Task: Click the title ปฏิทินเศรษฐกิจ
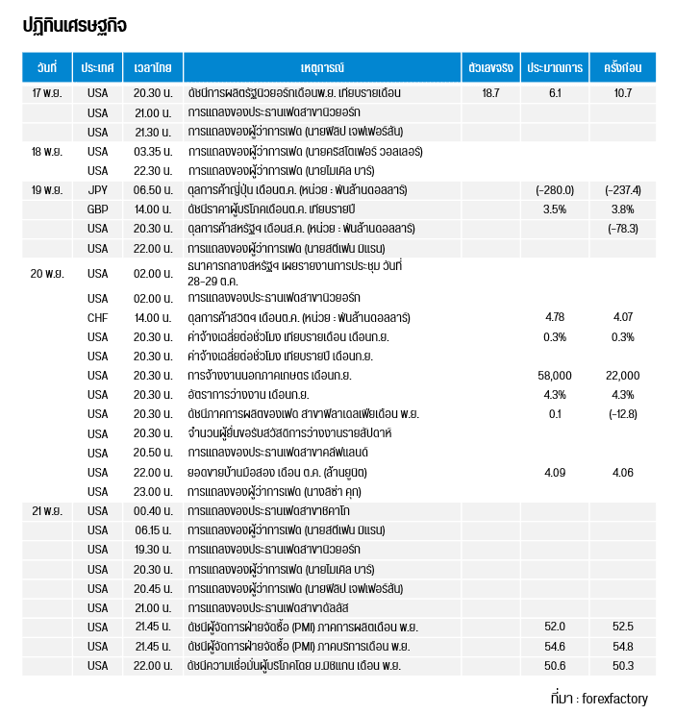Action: pos(75,26)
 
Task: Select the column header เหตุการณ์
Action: pos(321,67)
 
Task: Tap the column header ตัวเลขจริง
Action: pos(490,67)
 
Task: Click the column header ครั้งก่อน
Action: pos(622,67)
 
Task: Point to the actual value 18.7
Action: pos(490,93)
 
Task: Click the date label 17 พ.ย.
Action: pos(47,93)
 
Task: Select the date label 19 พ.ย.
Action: pos(47,189)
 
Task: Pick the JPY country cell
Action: pos(98,189)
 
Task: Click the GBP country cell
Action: pos(98,209)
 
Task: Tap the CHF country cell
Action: pos(98,317)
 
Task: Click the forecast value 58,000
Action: pos(555,375)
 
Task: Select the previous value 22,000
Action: pos(622,375)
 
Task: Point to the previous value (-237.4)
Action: pos(622,189)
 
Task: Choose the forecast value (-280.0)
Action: pos(555,189)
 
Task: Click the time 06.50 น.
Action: pos(153,189)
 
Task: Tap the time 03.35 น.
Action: pos(153,151)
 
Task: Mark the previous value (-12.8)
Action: pos(622,413)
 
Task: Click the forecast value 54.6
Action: pos(555,646)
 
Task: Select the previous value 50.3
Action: pos(622,665)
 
